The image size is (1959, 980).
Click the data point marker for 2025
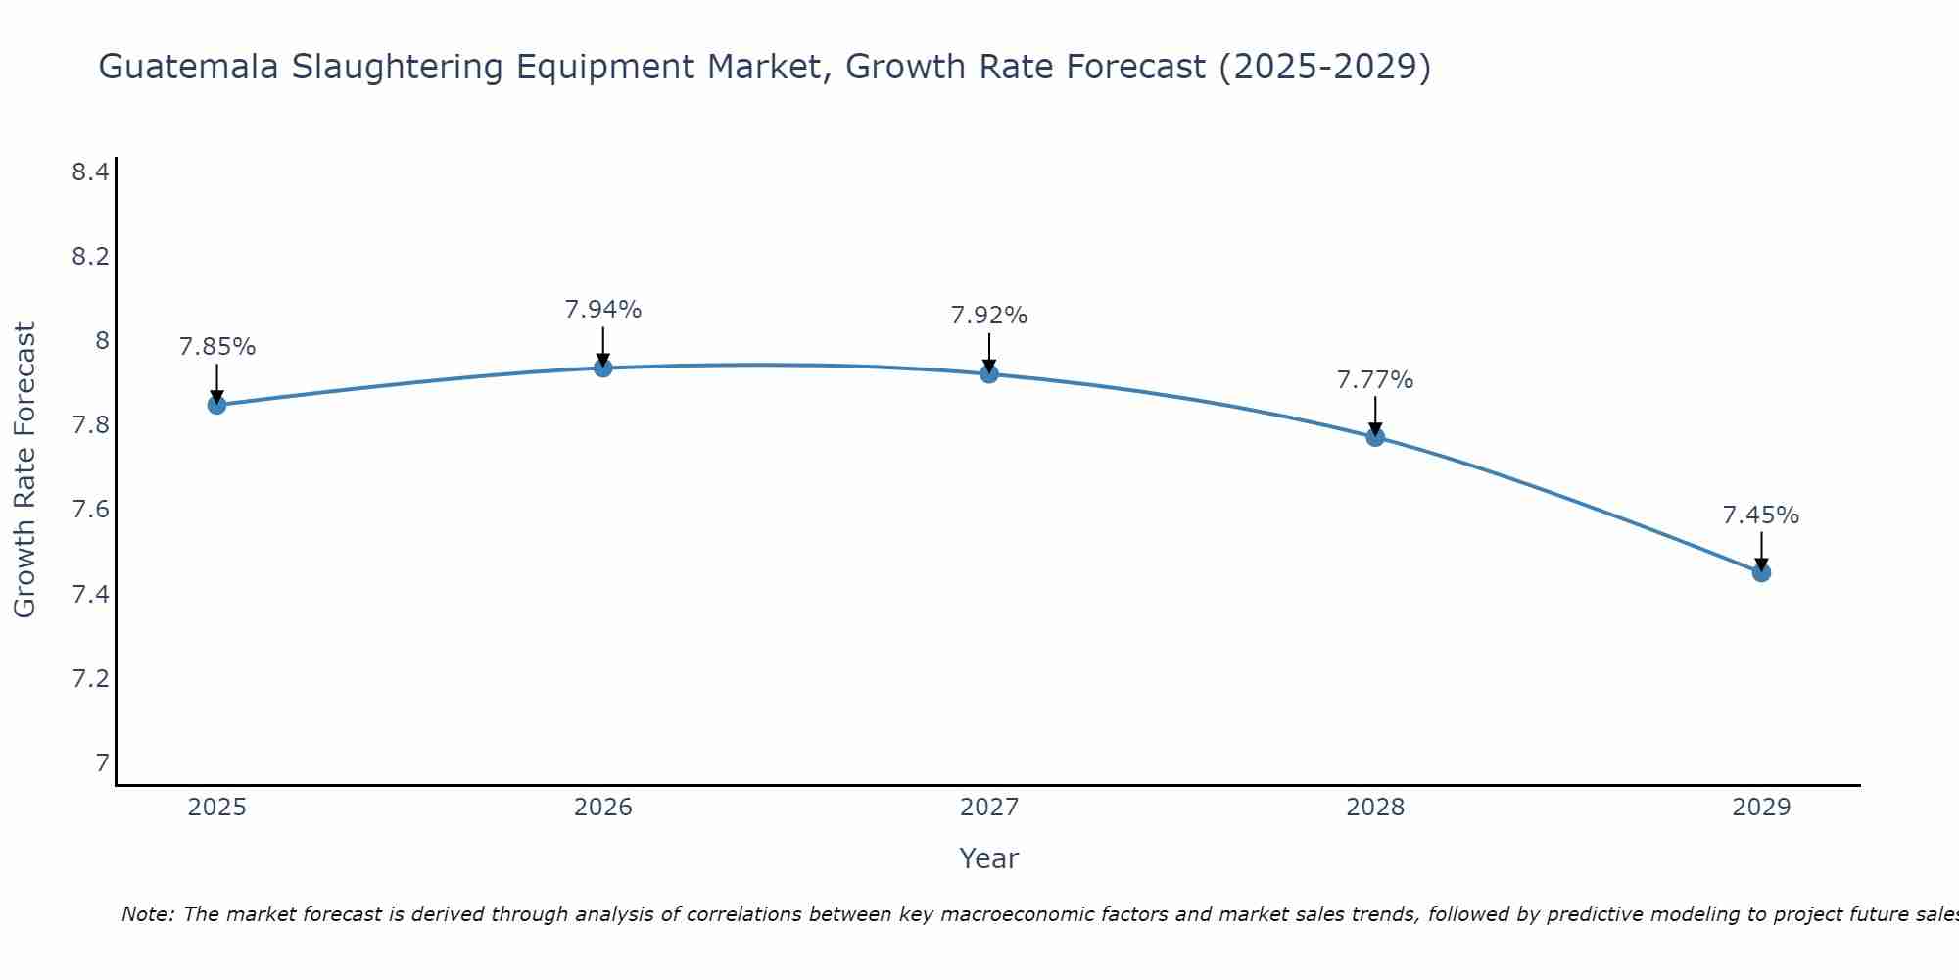pyautogui.click(x=216, y=405)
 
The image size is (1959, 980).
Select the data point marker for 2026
pyautogui.click(x=603, y=367)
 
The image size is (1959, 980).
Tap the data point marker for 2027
pyautogui.click(x=989, y=373)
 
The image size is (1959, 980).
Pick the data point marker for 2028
pyautogui.click(x=1375, y=437)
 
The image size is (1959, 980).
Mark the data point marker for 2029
pyautogui.click(x=1761, y=572)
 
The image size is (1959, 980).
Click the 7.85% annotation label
pyautogui.click(x=217, y=347)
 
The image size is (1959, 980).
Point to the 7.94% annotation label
pyautogui.click(x=603, y=310)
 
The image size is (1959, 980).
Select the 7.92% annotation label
pyautogui.click(x=989, y=316)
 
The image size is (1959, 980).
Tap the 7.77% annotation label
pyautogui.click(x=1375, y=380)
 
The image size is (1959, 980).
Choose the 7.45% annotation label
pyautogui.click(x=1761, y=515)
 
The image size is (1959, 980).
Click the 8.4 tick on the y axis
pyautogui.click(x=90, y=172)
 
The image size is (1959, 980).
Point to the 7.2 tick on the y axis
pyautogui.click(x=90, y=678)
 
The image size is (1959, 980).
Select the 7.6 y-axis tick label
pyautogui.click(x=90, y=510)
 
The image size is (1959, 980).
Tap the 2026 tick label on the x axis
pyautogui.click(x=603, y=808)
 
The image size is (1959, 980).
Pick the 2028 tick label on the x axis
pyautogui.click(x=1375, y=808)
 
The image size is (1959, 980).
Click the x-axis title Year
pyautogui.click(x=989, y=858)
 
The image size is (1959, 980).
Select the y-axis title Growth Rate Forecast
pyautogui.click(x=25, y=470)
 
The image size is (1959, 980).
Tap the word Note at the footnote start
pyautogui.click(x=147, y=914)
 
